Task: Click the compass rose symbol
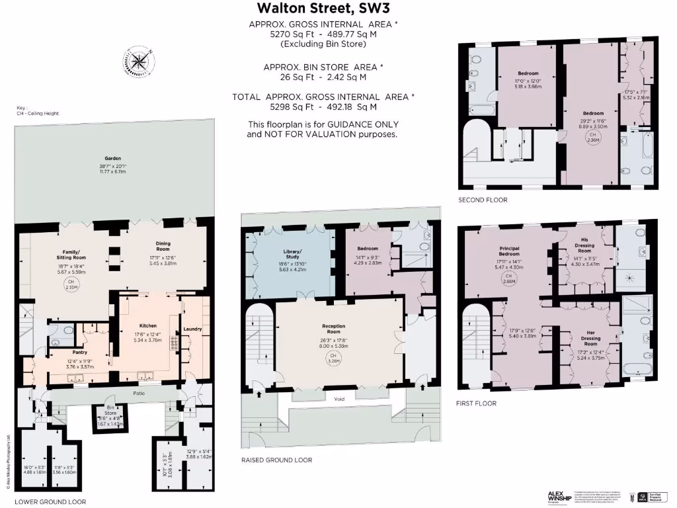point(138,62)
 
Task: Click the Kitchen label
point(147,326)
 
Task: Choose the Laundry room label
point(192,329)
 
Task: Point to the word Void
point(340,399)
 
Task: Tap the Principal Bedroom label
point(508,251)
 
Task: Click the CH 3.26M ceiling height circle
point(334,359)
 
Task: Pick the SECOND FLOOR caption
point(483,200)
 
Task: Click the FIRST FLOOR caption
point(476,403)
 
